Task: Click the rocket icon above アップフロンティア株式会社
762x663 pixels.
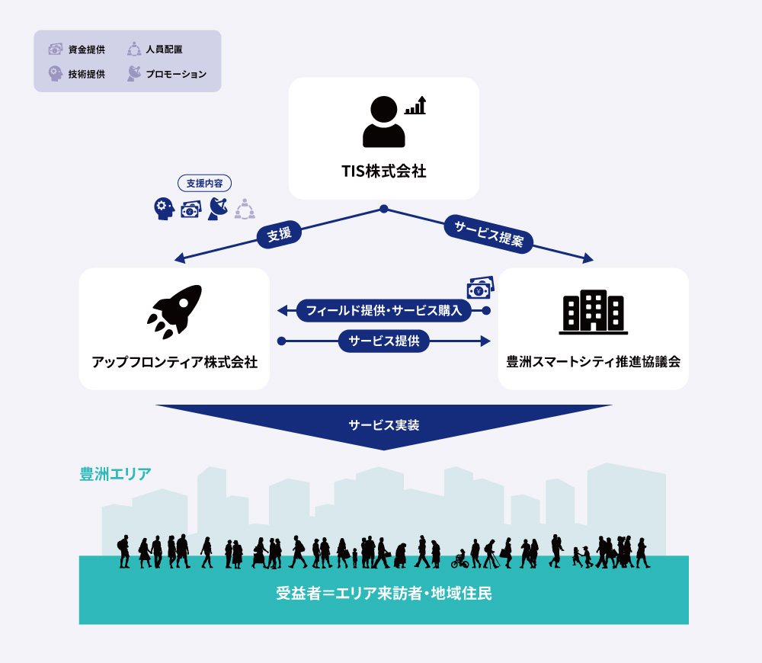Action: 175,312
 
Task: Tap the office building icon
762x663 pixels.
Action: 594,312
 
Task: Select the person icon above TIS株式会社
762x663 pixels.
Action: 384,121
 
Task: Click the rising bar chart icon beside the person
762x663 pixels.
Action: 415,105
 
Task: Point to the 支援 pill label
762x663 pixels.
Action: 280,234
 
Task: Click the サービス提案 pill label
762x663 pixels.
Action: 489,234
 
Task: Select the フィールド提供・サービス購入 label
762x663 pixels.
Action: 384,311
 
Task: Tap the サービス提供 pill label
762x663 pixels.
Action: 384,341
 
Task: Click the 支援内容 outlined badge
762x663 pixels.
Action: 204,183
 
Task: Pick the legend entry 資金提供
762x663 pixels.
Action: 77,49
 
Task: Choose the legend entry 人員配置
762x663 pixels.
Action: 155,49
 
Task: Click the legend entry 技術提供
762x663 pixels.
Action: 77,74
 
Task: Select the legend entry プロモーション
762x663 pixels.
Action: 167,74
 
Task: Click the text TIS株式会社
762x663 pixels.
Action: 384,171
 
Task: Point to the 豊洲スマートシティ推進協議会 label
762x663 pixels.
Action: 594,362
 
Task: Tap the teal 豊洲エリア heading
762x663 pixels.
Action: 115,474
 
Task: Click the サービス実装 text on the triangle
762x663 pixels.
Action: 384,425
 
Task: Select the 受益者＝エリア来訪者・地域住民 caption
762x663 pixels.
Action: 384,594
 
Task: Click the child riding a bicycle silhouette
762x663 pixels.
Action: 459,559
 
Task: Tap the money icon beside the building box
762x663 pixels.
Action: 481,288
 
